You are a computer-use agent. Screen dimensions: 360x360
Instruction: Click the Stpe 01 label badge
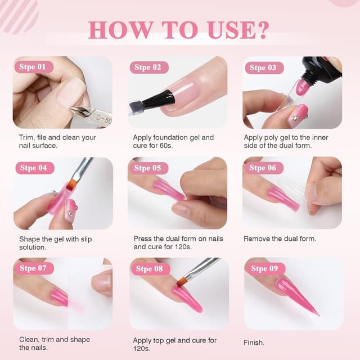tap(33, 67)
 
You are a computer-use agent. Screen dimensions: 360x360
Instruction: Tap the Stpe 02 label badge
tap(148, 67)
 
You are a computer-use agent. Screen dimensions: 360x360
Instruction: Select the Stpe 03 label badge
tap(263, 67)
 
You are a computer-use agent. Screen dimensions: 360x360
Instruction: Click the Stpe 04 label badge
tap(33, 168)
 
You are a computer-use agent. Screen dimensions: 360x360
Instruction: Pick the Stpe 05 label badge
tap(148, 168)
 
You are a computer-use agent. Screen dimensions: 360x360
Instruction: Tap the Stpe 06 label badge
tap(263, 168)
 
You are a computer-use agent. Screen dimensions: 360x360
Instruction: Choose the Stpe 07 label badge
tap(33, 268)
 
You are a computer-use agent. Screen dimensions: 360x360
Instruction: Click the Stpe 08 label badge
tap(149, 269)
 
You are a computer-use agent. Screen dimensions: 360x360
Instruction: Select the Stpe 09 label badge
tap(264, 269)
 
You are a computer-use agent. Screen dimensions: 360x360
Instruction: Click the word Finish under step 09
tap(254, 343)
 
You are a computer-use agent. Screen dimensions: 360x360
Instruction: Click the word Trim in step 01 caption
tap(26, 137)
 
